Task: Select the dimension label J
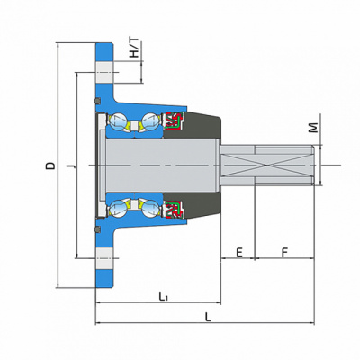coord(71,166)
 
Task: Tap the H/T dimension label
coord(134,48)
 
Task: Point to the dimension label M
coord(313,128)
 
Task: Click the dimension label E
coord(239,252)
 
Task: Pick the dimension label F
coord(284,252)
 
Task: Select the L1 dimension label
coord(163,297)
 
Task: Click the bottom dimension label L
coord(208,317)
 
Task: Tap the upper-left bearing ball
coord(117,121)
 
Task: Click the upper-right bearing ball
coord(149,121)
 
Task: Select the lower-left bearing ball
coord(117,208)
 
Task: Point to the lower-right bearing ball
coord(149,208)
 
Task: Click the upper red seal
coord(174,121)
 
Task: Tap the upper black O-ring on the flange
coord(97,101)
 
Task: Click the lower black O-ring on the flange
coord(97,229)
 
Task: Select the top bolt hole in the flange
coord(104,73)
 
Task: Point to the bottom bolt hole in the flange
coord(104,258)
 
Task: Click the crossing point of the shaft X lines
coord(266,165)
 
